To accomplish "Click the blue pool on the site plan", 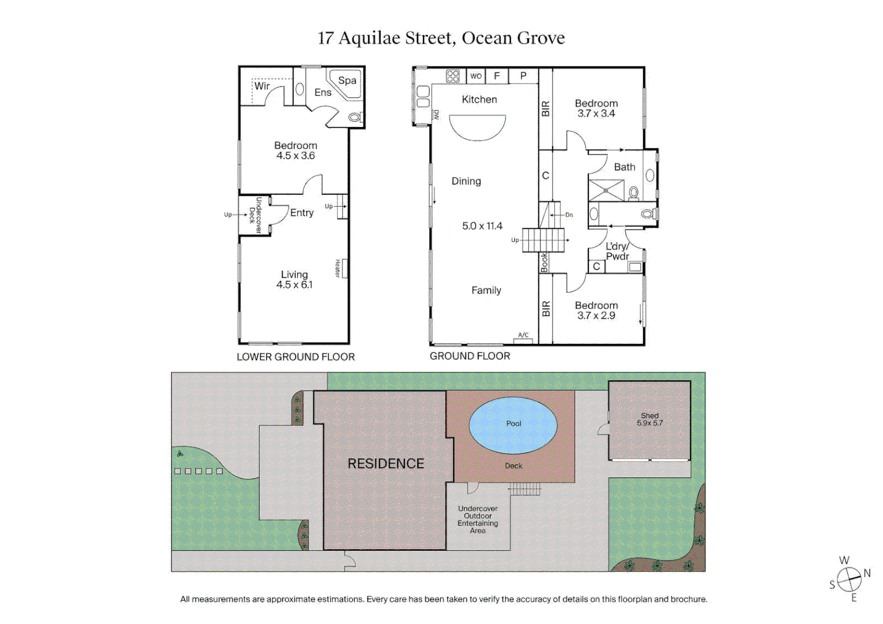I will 513,425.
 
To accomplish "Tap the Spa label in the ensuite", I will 347,81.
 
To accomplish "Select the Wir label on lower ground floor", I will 262,86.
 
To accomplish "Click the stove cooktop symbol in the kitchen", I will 452,76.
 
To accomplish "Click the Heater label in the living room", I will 337,268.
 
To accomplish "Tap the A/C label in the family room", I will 523,335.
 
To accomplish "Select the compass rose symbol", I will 849,578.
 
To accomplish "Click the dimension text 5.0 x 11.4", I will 482,226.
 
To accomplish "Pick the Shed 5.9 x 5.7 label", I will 650,419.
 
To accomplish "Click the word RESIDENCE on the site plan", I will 385,463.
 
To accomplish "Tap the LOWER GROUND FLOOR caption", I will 295,357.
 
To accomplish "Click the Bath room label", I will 624,167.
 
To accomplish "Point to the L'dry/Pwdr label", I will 617,251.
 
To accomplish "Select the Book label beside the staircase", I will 544,263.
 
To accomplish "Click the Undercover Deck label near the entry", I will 255,216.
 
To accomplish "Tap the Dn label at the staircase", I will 569,215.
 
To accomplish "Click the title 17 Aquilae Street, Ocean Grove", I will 441,38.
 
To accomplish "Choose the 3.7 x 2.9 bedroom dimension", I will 596,315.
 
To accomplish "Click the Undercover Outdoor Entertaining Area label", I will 477,519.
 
